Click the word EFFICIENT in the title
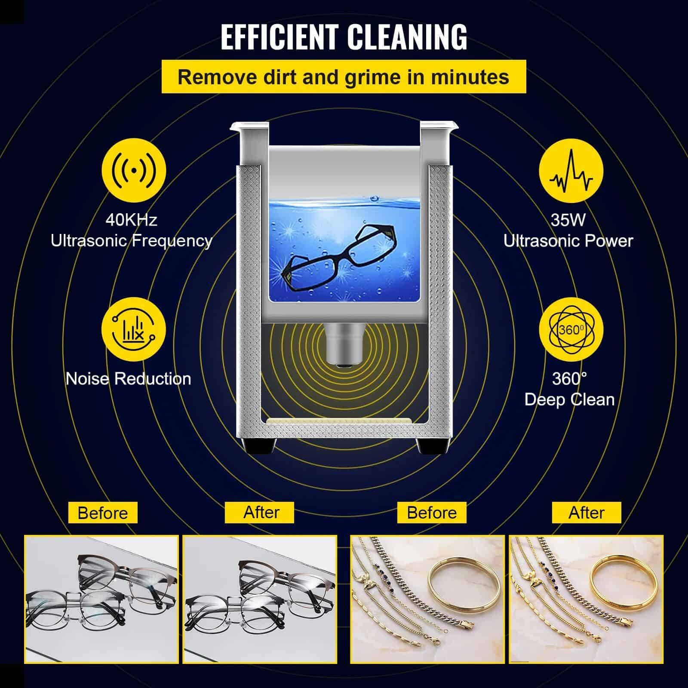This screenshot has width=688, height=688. (279, 37)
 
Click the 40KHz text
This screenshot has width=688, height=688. (132, 220)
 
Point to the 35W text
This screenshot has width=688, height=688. (568, 220)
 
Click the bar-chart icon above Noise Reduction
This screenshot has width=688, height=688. (133, 329)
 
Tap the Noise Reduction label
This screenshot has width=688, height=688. (128, 379)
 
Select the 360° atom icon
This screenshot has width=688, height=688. (571, 329)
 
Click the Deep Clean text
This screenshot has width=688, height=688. (569, 399)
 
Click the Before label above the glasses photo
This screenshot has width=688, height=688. (103, 513)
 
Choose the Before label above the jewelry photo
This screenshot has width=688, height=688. (432, 513)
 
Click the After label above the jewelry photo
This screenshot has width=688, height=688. (587, 513)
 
